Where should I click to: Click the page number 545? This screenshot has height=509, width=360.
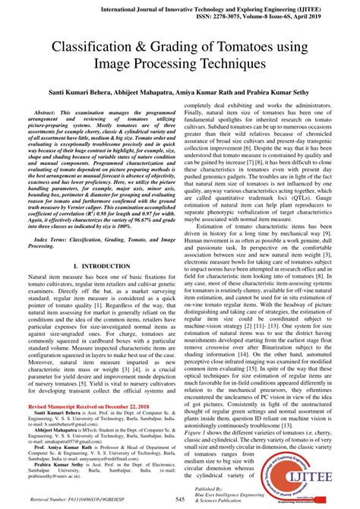coord(180,499)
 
